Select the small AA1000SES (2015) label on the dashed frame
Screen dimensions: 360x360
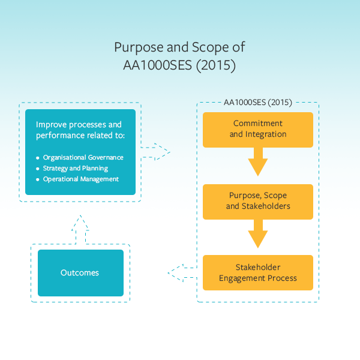pyautogui.click(x=257, y=103)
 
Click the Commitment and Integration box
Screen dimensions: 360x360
pyautogui.click(x=258, y=129)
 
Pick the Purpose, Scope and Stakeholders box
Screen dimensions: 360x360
pyautogui.click(x=258, y=201)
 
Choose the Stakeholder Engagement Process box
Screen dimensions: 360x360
pyautogui.click(x=258, y=272)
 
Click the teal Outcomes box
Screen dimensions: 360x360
pyautogui.click(x=80, y=273)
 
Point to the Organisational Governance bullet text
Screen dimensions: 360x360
pyautogui.click(x=83, y=158)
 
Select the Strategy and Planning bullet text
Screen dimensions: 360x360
pyautogui.click(x=76, y=169)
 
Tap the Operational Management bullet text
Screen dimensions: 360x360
pyautogui.click(x=81, y=179)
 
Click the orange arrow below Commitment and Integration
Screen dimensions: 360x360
pyautogui.click(x=258, y=162)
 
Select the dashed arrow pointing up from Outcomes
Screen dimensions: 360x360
pyautogui.click(x=80, y=229)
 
